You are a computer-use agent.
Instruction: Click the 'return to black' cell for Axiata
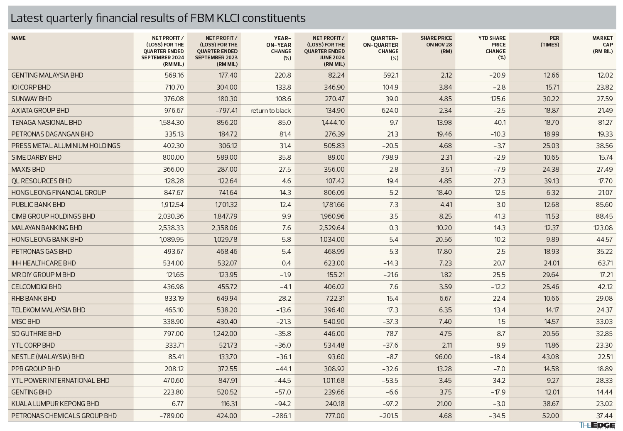click(270, 111)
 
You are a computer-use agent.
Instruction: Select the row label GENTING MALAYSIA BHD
click(47, 75)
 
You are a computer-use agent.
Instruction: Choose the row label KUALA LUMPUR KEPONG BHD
click(55, 404)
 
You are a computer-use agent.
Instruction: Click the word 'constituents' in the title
click(274, 18)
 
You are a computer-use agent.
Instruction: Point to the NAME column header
click(18, 38)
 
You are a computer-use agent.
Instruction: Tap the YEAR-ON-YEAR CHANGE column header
click(279, 48)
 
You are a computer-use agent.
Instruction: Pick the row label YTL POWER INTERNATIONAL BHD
click(60, 380)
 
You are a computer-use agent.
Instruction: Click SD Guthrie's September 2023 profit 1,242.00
click(225, 334)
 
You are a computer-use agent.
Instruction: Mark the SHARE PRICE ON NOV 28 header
click(436, 45)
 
